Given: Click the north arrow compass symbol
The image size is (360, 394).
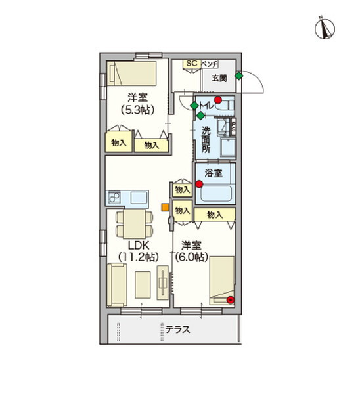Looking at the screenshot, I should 325,28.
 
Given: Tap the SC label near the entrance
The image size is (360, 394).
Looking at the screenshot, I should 191,63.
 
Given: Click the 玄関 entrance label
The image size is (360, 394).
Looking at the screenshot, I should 219,77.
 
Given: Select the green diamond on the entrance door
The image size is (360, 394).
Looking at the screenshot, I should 238,76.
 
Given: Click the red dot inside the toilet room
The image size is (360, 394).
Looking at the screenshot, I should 218,100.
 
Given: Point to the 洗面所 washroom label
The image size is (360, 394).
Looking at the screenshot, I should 206,139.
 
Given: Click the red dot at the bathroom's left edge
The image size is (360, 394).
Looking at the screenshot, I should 199,184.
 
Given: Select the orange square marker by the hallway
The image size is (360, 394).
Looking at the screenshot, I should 165,209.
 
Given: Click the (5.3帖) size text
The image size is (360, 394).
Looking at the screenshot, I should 137,110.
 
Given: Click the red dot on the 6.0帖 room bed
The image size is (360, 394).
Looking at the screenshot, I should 230,300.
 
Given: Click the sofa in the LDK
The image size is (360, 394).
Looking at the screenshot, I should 118,285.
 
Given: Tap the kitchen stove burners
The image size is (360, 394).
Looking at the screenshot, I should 113,197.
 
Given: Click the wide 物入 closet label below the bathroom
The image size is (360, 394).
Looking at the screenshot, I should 214,215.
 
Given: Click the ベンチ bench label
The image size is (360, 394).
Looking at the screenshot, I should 209,63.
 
